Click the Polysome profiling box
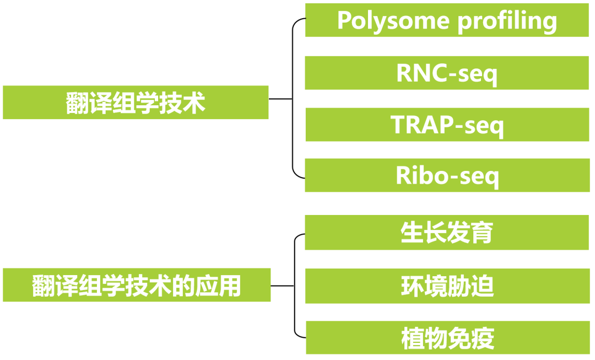tap(447, 20)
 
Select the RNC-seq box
tap(447, 73)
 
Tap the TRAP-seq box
tap(447, 125)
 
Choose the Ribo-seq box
tap(447, 176)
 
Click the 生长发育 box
tap(447, 233)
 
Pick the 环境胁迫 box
tap(447, 286)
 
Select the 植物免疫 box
tap(447, 338)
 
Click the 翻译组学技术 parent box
tap(136, 103)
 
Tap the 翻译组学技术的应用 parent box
tap(137, 286)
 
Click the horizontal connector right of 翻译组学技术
tap(280, 99)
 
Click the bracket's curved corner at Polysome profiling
tap(295, 22)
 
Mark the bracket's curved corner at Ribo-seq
tap(296, 175)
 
